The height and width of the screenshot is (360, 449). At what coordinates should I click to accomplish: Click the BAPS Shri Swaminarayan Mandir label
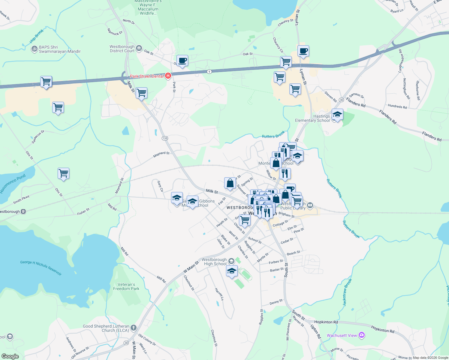pyautogui.click(x=59, y=49)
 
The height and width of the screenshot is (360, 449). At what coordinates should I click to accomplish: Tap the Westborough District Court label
pyautogui.click(x=122, y=49)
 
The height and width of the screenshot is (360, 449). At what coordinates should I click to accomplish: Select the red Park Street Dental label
pyautogui.click(x=147, y=76)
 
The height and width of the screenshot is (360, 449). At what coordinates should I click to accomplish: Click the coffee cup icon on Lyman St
pyautogui.click(x=303, y=51)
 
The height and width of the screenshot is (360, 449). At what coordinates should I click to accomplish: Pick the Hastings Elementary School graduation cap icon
pyautogui.click(x=337, y=115)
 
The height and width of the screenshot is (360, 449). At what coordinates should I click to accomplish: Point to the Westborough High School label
pyautogui.click(x=214, y=262)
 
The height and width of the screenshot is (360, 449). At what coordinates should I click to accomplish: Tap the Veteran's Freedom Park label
pyautogui.click(x=126, y=286)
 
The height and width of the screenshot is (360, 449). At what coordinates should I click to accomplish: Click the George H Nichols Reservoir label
pyautogui.click(x=41, y=268)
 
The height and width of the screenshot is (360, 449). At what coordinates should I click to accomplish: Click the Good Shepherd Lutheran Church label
pyautogui.click(x=106, y=328)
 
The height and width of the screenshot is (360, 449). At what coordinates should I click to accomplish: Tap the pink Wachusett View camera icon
pyautogui.click(x=362, y=335)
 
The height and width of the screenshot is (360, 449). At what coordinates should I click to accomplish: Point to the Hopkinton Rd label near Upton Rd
pyautogui.click(x=326, y=322)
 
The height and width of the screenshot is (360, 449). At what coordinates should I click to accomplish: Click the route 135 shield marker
pyautogui.click(x=165, y=138)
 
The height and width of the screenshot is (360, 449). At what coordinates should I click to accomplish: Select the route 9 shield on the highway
pyautogui.click(x=209, y=71)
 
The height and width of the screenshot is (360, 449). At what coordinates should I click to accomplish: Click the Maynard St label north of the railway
pyautogui.click(x=161, y=155)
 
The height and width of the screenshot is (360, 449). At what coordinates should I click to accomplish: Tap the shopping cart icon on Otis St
pyautogui.click(x=63, y=173)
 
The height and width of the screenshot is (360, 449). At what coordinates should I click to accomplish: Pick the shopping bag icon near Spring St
pyautogui.click(x=230, y=183)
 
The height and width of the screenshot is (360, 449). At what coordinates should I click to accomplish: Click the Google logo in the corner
pyautogui.click(x=10, y=356)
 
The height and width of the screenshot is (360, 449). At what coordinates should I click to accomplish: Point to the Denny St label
pyautogui.click(x=276, y=302)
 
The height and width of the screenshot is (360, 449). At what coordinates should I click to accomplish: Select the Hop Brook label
pyautogui.click(x=37, y=36)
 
